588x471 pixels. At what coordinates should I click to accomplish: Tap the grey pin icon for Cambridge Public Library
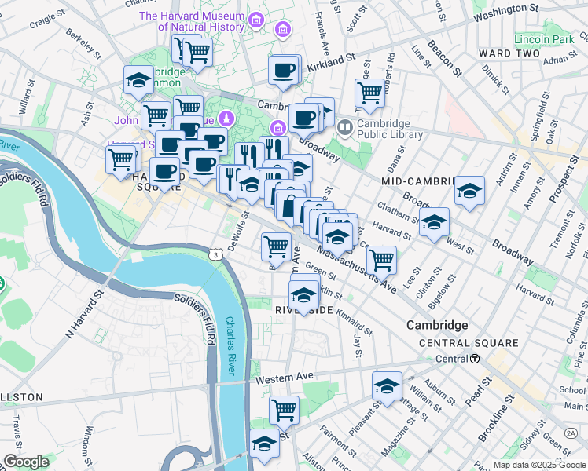344,126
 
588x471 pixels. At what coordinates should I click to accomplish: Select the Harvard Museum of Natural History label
192,22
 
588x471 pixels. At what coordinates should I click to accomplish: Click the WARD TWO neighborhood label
509,53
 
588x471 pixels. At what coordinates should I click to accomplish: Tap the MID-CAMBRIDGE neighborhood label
418,181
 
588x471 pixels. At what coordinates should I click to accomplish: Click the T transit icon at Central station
476,359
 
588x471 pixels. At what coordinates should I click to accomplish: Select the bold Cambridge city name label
437,325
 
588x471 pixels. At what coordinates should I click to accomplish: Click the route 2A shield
571,433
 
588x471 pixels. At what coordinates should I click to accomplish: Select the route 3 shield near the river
215,254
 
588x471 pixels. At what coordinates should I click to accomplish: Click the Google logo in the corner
27,462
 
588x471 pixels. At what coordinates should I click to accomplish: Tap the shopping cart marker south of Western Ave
284,408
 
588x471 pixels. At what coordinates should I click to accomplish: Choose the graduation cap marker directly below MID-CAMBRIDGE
469,190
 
